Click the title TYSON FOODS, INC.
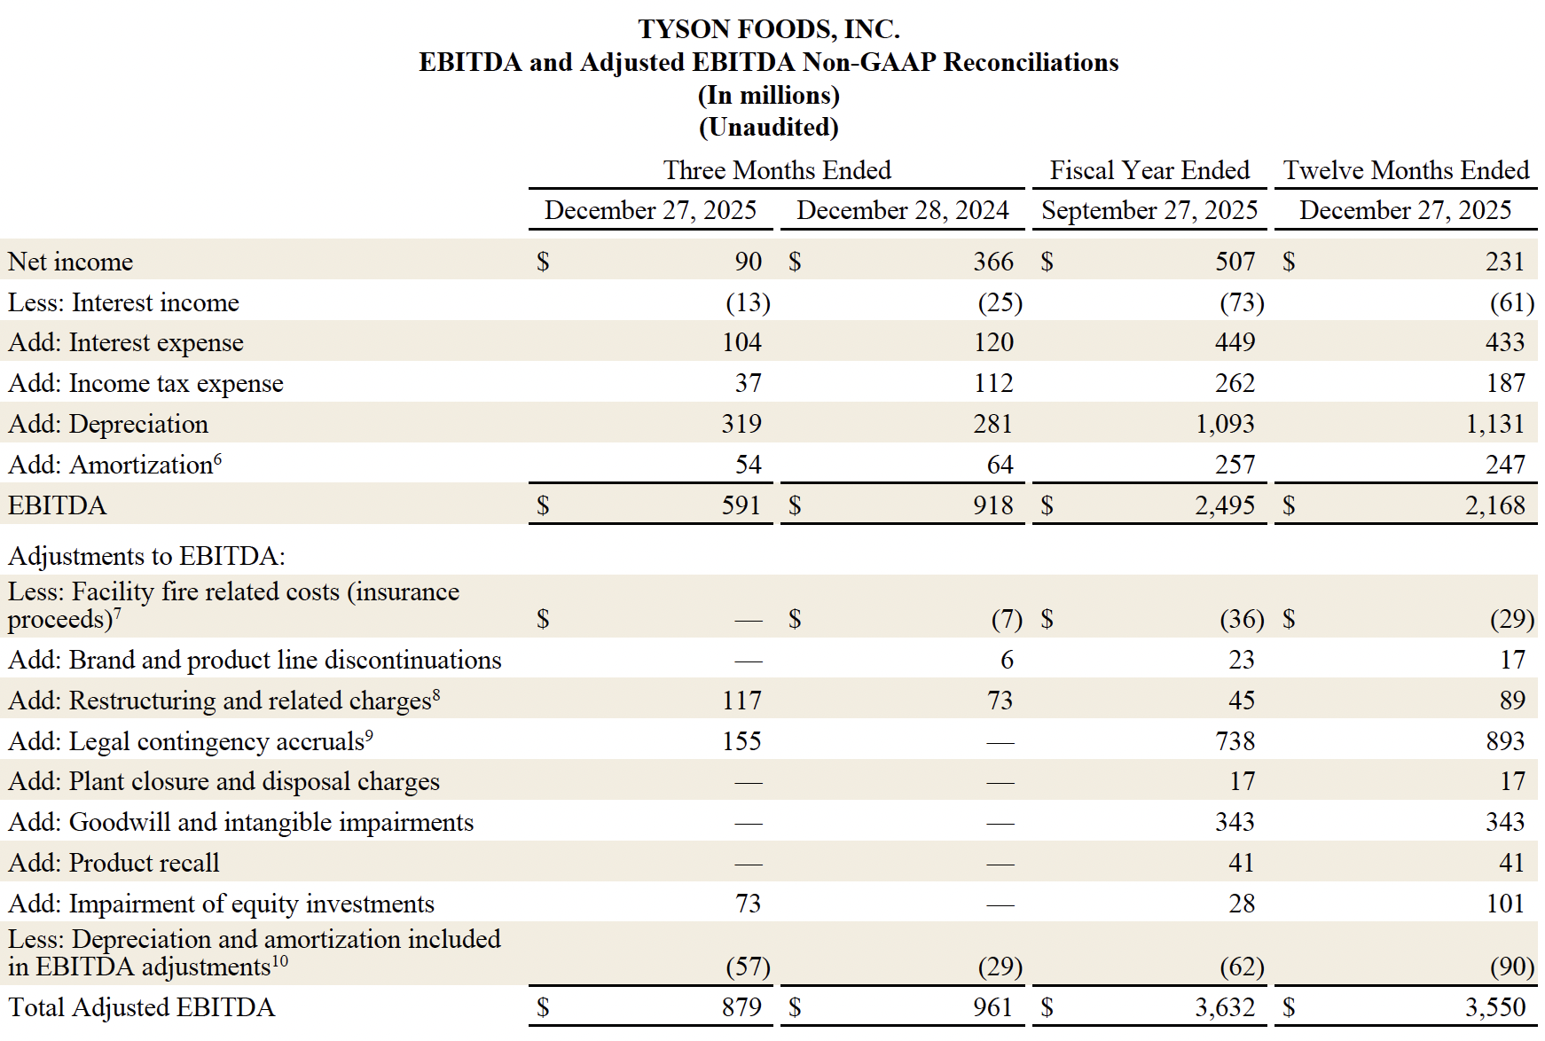point(769,29)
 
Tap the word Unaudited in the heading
point(768,127)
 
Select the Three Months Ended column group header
point(777,170)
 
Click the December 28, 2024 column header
point(902,210)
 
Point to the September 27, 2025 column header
point(1149,210)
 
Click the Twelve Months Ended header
point(1406,170)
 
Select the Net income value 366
point(992,262)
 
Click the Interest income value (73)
point(1241,302)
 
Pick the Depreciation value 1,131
point(1494,424)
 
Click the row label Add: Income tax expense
point(145,383)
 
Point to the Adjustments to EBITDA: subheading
point(146,556)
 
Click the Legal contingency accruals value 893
point(1505,741)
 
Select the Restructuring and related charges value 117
point(741,701)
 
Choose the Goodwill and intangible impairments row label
point(240,822)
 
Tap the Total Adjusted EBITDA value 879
point(741,1007)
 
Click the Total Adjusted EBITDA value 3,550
point(1494,1007)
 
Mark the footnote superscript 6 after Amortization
point(218,458)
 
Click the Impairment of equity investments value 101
point(1505,904)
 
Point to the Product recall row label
point(114,863)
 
